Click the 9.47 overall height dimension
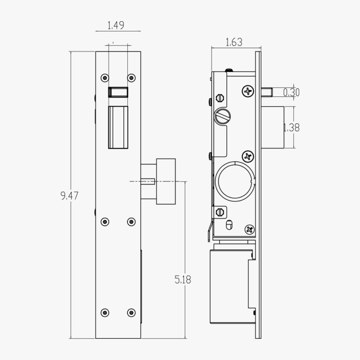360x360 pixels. point(67,196)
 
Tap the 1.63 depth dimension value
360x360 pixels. point(233,43)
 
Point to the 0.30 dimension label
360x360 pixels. point(292,93)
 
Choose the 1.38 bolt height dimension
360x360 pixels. point(291,127)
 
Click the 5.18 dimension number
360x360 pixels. point(182,279)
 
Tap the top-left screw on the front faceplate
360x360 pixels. point(105,78)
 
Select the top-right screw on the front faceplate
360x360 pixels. point(131,78)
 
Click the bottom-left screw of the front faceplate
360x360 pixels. point(105,311)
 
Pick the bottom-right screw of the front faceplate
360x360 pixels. point(131,311)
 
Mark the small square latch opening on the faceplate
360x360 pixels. point(118,92)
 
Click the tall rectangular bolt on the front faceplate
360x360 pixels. point(118,127)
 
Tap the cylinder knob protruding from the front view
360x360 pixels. point(165,181)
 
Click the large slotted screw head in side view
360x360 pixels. point(223,117)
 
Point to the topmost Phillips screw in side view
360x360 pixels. point(248,91)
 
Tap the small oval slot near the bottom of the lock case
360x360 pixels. point(229,224)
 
